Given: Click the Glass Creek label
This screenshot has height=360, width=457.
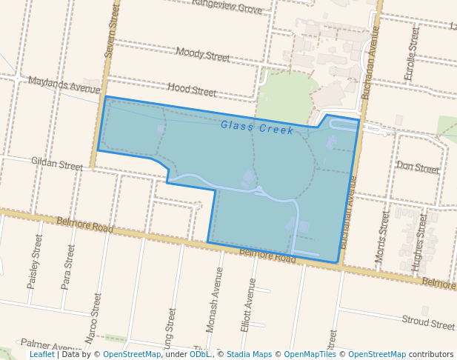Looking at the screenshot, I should tap(257, 127).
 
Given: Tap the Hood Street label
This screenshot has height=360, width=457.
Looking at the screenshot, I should tap(192, 90).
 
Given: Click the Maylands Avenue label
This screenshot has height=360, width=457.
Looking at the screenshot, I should tap(64, 84).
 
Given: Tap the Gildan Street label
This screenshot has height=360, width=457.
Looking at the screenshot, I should tap(57, 163).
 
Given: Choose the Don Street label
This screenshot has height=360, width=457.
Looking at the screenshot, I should tap(418, 167).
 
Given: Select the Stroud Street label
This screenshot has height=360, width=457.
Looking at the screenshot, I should tap(428, 322).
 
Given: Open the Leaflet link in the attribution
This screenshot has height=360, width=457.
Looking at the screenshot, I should tap(41, 354).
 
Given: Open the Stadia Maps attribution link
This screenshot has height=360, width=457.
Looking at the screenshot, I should tap(249, 354).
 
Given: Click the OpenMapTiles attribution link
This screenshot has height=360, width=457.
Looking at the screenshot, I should tap(310, 354).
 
